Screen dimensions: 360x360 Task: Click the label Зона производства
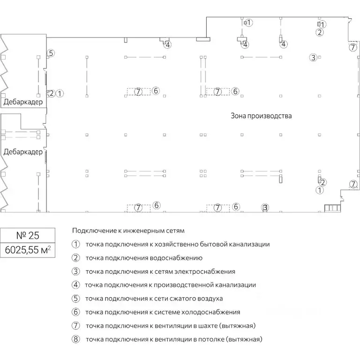click(x=261, y=115)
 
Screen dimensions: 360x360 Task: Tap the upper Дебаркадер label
click(x=22, y=102)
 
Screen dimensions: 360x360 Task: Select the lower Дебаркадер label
click(x=22, y=152)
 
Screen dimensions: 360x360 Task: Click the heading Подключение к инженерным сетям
click(x=128, y=231)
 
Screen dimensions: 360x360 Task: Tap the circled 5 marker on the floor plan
click(x=51, y=53)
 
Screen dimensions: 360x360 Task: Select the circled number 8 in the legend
click(x=76, y=339)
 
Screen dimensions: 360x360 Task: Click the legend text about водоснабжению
click(x=176, y=258)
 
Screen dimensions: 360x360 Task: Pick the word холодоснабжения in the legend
click(x=213, y=312)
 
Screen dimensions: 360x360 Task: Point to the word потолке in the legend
click(x=213, y=339)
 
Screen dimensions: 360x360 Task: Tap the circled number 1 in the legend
click(x=76, y=244)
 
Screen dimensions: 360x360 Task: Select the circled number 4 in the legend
click(x=76, y=285)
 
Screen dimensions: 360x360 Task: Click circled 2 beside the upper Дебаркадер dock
click(x=52, y=93)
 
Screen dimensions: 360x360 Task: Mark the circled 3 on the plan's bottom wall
click(x=265, y=207)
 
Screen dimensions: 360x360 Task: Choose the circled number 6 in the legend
click(x=76, y=312)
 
